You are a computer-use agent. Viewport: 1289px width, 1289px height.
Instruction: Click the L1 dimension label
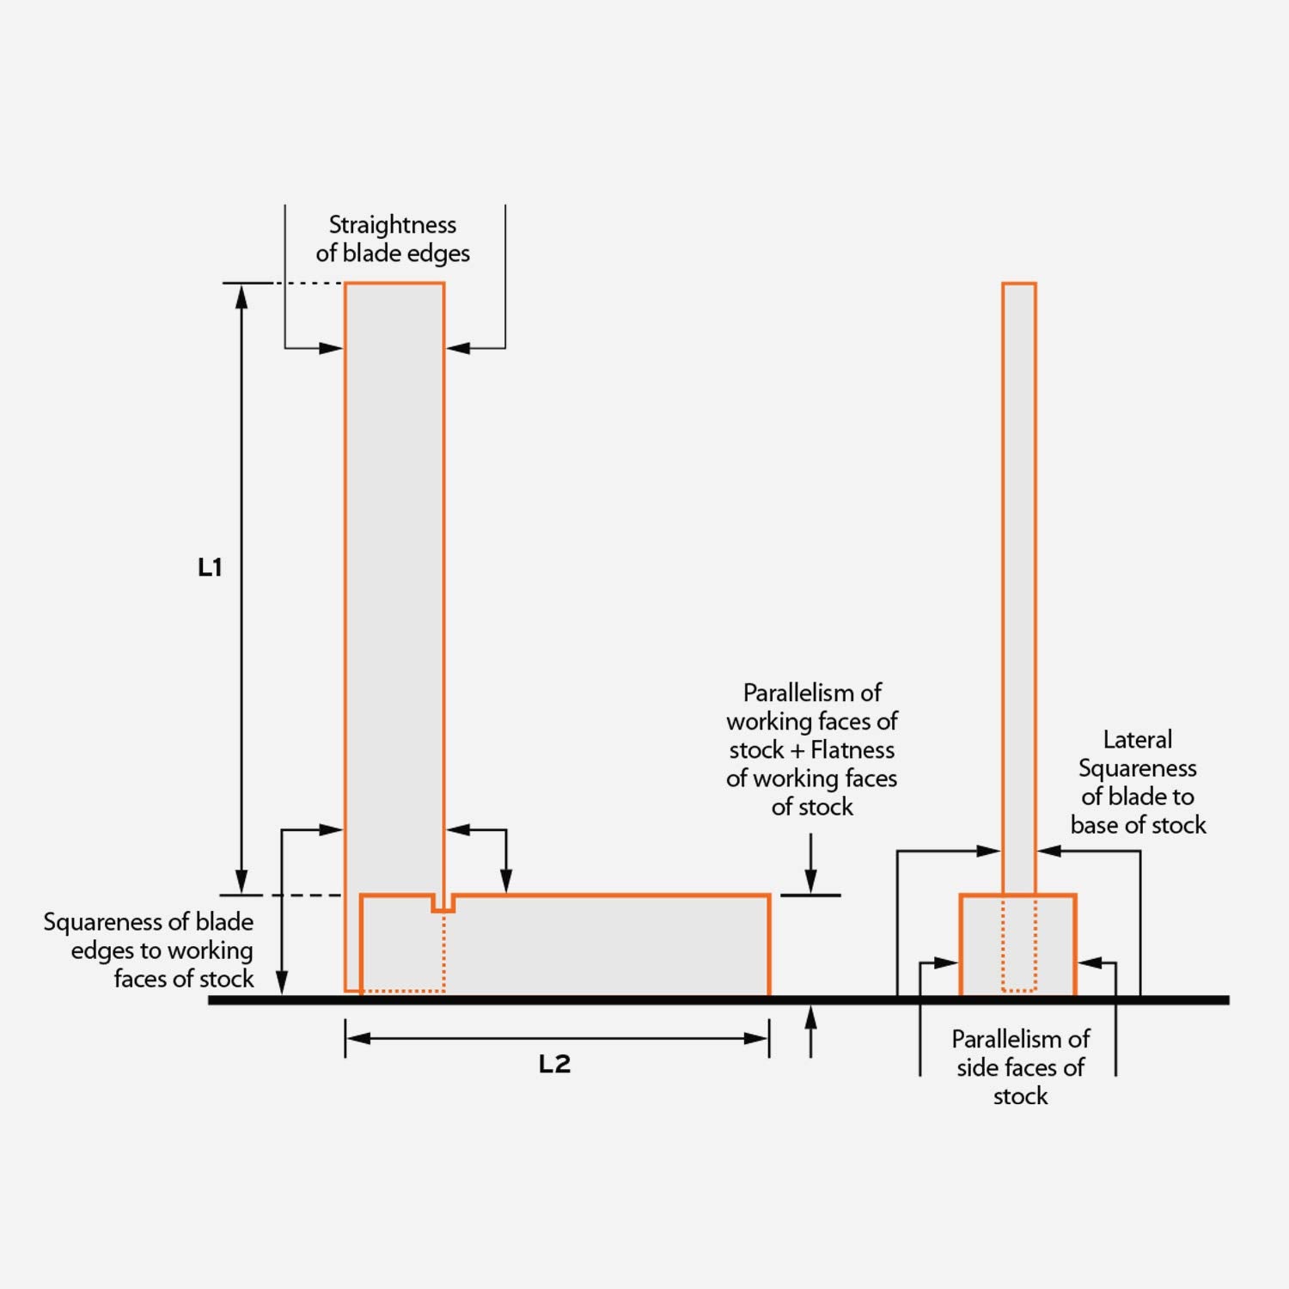210,567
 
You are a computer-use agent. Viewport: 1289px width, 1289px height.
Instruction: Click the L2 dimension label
554,1064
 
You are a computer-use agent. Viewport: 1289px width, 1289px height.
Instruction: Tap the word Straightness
393,225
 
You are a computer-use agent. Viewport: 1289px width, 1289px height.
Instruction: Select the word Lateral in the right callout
1137,740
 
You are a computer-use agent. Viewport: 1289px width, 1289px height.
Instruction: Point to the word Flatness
852,750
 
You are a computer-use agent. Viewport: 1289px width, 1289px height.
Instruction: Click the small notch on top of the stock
443,903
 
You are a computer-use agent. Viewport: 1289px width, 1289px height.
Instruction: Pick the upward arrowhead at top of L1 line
241,296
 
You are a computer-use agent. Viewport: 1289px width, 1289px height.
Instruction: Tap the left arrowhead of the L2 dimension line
357,1038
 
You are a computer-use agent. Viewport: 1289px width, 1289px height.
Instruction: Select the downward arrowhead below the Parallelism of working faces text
810,882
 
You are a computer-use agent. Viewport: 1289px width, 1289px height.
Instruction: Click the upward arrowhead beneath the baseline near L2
810,1017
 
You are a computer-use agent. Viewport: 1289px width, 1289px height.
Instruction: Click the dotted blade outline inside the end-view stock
1019,945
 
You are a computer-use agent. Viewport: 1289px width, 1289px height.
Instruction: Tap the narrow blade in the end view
1019,584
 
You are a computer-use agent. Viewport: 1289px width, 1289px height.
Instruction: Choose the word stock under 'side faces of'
1020,1096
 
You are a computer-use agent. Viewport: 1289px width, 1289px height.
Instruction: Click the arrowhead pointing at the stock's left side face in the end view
947,963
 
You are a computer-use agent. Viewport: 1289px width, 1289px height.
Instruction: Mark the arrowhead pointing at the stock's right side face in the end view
1089,963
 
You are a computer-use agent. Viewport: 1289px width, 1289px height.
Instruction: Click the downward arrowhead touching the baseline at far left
282,982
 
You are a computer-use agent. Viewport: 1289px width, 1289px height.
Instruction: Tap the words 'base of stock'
1138,825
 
